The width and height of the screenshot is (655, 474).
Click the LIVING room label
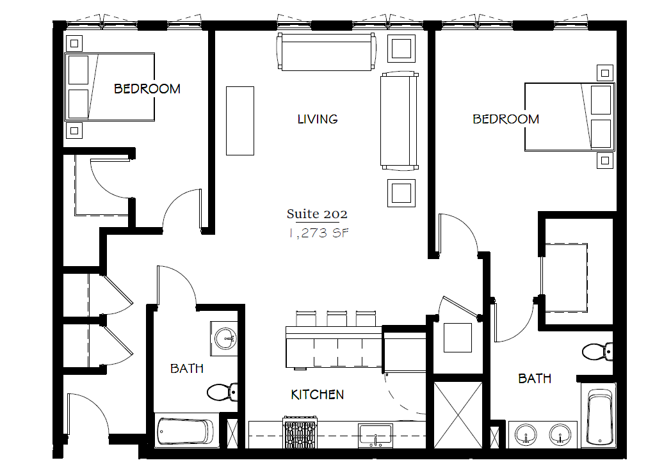pyautogui.click(x=317, y=119)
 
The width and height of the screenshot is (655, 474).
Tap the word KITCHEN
pyautogui.click(x=318, y=395)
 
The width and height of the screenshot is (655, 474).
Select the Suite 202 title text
pyautogui.click(x=317, y=214)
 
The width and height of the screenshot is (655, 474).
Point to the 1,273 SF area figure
pyautogui.click(x=318, y=233)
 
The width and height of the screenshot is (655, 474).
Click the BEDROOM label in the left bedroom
pyautogui.click(x=147, y=89)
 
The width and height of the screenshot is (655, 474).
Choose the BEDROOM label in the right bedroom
pyautogui.click(x=506, y=119)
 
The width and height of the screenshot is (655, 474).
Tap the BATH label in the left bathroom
pyautogui.click(x=187, y=368)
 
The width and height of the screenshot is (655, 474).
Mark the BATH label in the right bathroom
pyautogui.click(x=535, y=379)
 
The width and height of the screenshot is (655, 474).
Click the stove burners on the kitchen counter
pyautogui.click(x=301, y=432)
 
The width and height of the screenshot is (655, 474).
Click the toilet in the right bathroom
pyautogui.click(x=597, y=351)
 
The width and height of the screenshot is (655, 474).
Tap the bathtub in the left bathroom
pyautogui.click(x=186, y=432)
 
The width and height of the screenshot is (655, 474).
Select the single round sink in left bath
pyautogui.click(x=224, y=336)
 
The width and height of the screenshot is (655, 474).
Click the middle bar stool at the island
pyautogui.click(x=336, y=318)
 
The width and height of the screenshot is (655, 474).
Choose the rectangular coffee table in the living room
pyautogui.click(x=239, y=120)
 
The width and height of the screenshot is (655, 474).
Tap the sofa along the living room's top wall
pyautogui.click(x=325, y=52)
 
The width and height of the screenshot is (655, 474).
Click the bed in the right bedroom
pyautogui.click(x=569, y=117)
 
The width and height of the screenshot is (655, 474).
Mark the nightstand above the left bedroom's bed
pyautogui.click(x=75, y=43)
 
